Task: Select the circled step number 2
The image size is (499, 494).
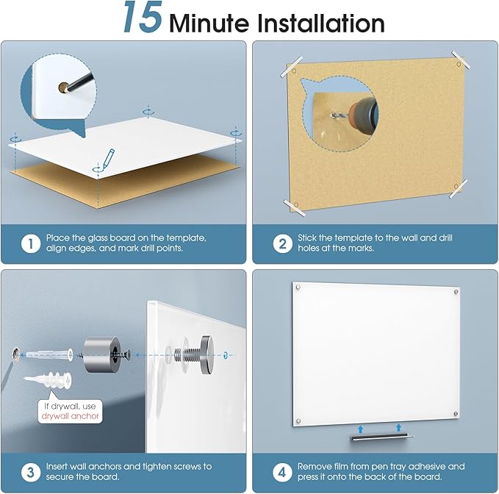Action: [283, 243]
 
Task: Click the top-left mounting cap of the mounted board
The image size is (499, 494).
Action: [297, 287]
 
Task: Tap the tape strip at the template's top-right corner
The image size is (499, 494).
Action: [462, 60]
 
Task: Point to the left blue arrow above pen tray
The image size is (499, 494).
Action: [359, 427]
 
